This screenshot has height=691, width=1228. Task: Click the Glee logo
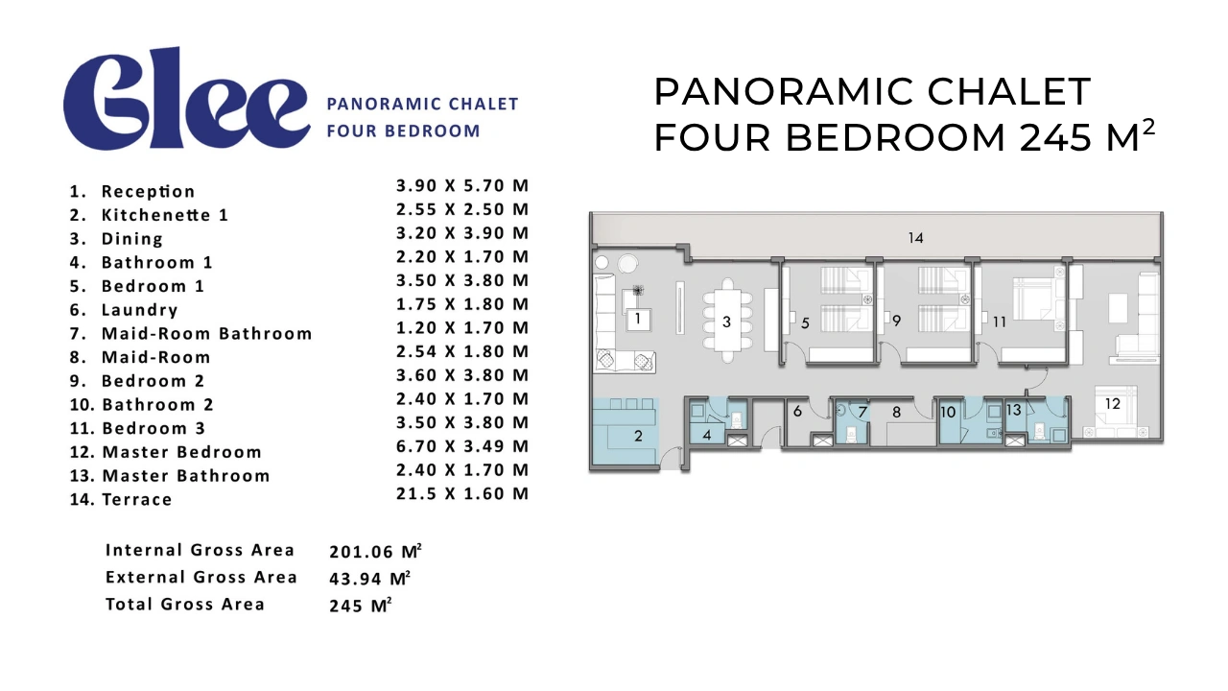point(186,99)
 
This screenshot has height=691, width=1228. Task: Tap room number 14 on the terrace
point(915,238)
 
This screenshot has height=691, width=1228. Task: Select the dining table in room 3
point(727,321)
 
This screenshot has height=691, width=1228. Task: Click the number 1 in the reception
point(638,319)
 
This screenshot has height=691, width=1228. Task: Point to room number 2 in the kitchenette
point(638,436)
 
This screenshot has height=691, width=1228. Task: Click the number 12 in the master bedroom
point(1112,404)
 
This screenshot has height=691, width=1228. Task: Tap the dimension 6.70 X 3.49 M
point(462,446)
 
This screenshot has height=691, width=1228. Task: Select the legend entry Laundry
point(140,310)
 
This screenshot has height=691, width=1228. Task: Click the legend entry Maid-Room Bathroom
point(206,333)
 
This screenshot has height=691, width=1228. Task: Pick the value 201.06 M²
point(375,551)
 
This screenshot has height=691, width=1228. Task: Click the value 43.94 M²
point(370,578)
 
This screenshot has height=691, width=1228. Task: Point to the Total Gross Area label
point(185,604)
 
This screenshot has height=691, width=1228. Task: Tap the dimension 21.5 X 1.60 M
point(462,493)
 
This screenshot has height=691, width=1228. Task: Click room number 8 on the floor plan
point(896,413)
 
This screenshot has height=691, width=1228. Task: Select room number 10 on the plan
point(948,412)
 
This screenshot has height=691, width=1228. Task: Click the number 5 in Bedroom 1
point(805,323)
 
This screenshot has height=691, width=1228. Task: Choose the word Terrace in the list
point(137,500)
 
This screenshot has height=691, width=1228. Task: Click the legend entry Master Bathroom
point(186,476)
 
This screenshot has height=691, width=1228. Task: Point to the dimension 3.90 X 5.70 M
point(462,186)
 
